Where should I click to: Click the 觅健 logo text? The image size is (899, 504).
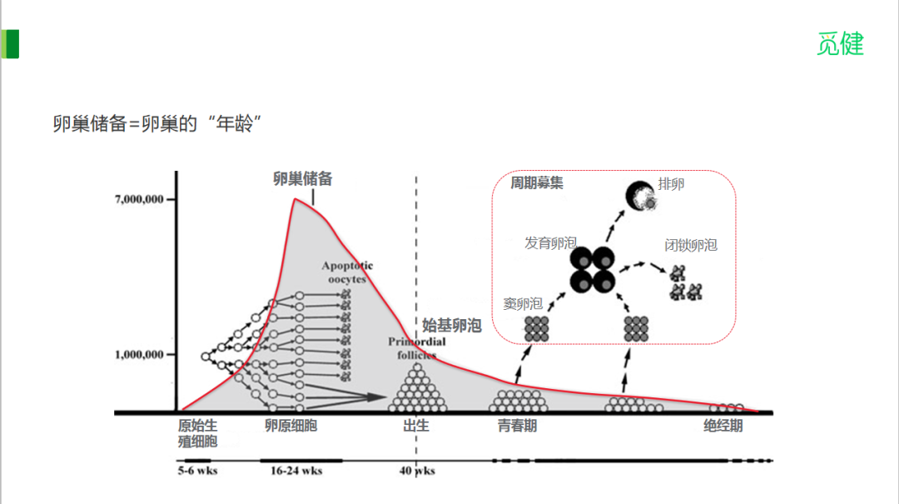[840, 44]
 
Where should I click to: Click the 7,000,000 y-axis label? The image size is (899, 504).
[143, 200]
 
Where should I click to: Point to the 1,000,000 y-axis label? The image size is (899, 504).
[143, 355]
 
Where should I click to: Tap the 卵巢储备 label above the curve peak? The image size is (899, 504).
[303, 178]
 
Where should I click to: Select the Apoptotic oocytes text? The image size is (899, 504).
[347, 272]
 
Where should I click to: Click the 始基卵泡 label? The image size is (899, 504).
[452, 326]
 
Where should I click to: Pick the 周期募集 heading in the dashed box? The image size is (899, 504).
[536, 183]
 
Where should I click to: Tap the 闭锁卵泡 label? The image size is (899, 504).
[690, 245]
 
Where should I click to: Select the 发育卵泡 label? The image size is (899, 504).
[550, 243]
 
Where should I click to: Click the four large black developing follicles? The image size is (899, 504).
[593, 270]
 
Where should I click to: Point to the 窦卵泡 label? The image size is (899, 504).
[523, 304]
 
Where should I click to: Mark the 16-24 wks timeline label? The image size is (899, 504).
[296, 471]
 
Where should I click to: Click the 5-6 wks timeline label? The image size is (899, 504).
[198, 471]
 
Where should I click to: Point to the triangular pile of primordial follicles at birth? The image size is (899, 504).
[418, 389]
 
